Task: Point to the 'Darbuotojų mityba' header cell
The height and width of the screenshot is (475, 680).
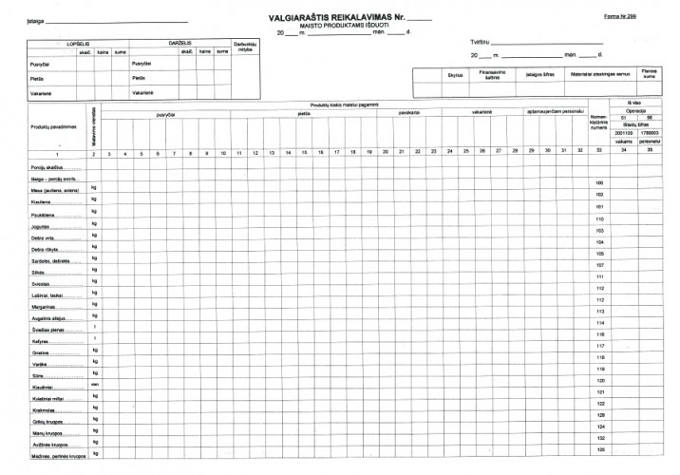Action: coord(245,49)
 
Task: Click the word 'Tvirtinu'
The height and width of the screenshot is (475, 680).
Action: coord(479,43)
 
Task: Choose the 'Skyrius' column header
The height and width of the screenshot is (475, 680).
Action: coord(455,74)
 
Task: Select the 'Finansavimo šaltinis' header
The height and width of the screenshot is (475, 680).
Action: coord(492,74)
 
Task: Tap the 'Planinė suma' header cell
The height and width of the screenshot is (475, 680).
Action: coord(650,74)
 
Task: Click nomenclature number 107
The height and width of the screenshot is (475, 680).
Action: coord(599,265)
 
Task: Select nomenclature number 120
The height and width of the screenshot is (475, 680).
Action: coord(599,380)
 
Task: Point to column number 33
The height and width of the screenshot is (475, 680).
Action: coord(599,153)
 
